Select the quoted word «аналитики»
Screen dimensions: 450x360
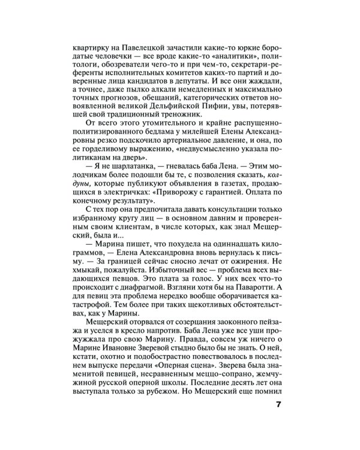(223, 53)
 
